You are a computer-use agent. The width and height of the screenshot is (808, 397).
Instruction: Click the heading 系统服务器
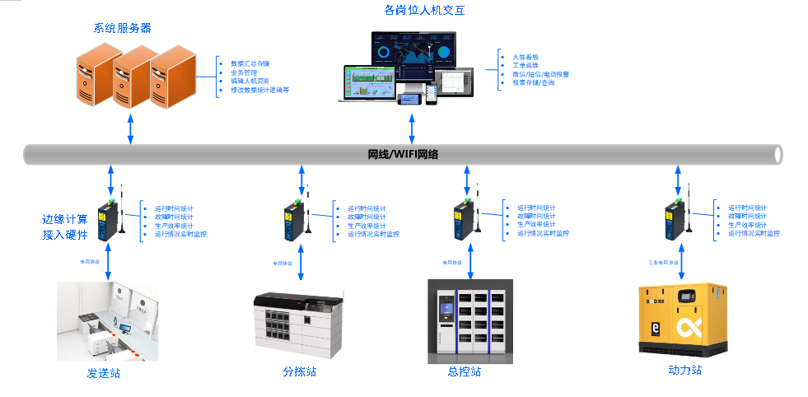point(122,28)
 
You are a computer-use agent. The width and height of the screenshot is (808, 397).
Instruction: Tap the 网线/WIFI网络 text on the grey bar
point(403,154)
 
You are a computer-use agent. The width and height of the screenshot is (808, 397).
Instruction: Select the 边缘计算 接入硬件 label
point(64,227)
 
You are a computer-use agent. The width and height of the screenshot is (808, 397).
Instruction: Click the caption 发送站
point(104,373)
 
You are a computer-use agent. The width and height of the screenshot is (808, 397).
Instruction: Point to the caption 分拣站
point(299,372)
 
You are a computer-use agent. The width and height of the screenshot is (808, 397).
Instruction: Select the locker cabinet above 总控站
point(470,320)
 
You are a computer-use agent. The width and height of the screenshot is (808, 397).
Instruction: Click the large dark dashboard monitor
point(413,53)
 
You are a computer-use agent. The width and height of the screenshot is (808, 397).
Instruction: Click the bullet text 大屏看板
point(525,57)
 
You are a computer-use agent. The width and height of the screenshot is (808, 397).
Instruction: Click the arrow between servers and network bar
point(130,128)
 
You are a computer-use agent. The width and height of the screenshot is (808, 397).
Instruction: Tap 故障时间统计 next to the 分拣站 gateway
point(367,217)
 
